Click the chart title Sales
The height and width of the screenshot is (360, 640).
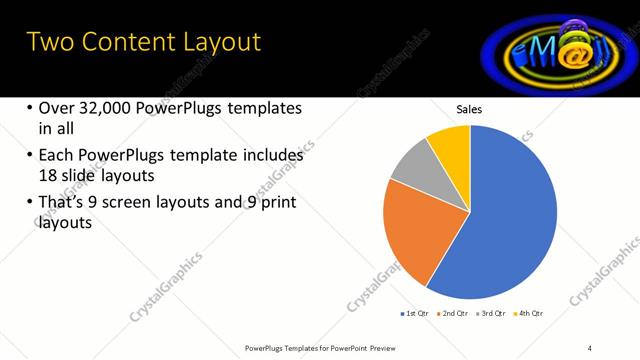pyautogui.click(x=470, y=108)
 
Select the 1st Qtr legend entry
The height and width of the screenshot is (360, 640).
pyautogui.click(x=415, y=314)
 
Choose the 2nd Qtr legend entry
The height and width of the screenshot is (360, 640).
pyautogui.click(x=455, y=314)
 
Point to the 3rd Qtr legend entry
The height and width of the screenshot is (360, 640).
pyautogui.click(x=492, y=314)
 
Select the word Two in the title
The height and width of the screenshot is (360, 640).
pyautogui.click(x=47, y=42)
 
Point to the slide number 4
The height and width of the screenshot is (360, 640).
pyautogui.click(x=590, y=347)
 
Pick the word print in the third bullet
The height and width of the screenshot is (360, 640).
pyautogui.click(x=280, y=204)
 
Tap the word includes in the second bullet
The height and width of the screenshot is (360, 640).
pyautogui.click(x=271, y=156)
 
